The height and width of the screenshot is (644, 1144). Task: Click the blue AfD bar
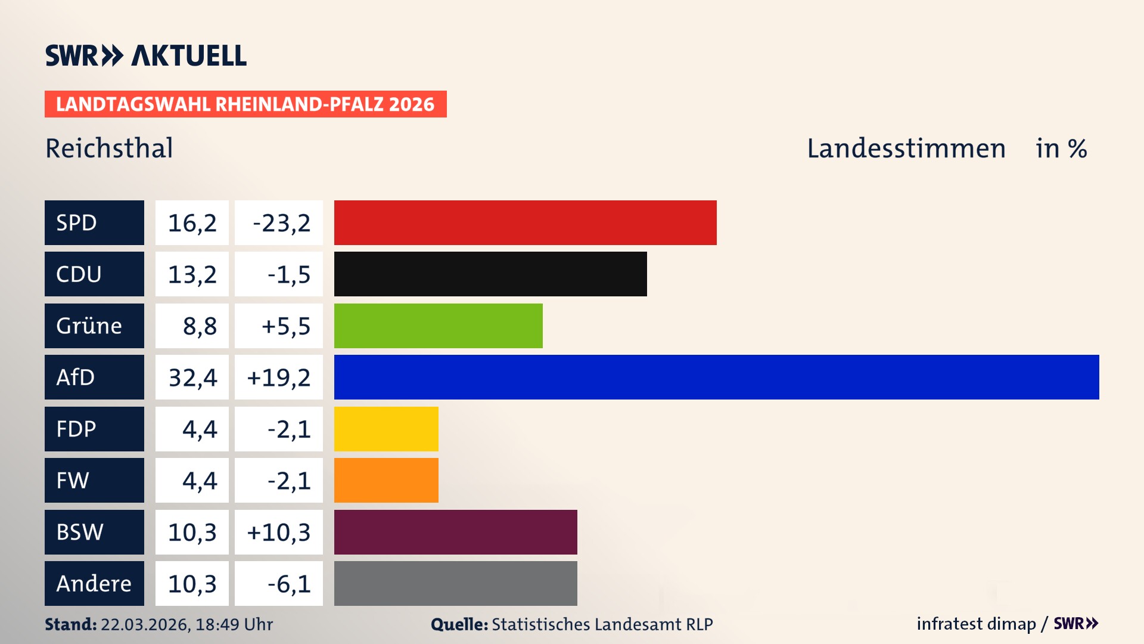click(716, 377)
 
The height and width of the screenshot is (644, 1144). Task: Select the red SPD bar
click(525, 222)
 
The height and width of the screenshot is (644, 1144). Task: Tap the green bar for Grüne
click(438, 326)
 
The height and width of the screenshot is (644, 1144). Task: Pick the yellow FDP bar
click(386, 429)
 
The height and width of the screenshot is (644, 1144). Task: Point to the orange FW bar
click(386, 480)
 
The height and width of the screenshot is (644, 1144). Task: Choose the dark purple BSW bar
click(455, 532)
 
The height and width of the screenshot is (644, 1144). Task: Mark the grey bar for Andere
click(455, 583)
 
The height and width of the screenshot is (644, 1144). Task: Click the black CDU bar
click(490, 274)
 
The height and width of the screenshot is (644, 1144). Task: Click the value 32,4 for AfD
click(192, 377)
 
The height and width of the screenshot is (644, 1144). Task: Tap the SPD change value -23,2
click(281, 223)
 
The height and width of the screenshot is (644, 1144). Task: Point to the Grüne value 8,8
click(199, 326)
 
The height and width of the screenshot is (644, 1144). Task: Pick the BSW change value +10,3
click(278, 532)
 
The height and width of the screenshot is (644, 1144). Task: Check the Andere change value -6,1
click(288, 584)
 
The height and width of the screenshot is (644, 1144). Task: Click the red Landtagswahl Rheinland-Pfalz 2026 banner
click(245, 104)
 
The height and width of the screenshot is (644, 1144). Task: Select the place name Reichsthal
click(109, 148)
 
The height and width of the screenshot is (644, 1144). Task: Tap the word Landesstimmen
click(906, 148)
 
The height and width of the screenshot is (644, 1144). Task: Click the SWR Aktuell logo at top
click(146, 55)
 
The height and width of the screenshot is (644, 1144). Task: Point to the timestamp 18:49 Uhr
click(234, 624)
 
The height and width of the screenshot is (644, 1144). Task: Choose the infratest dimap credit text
click(975, 624)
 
